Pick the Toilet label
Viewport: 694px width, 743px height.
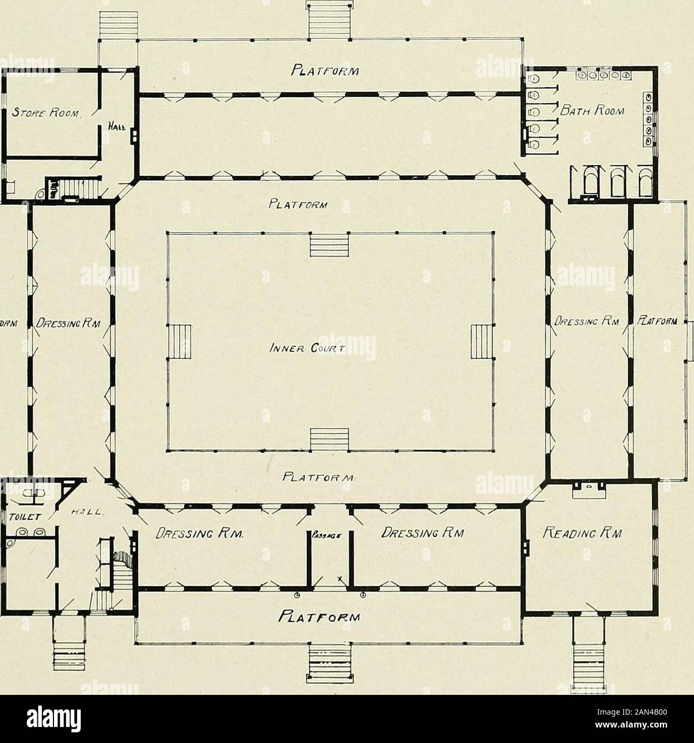22,517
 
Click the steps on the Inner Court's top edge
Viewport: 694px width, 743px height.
329,250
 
